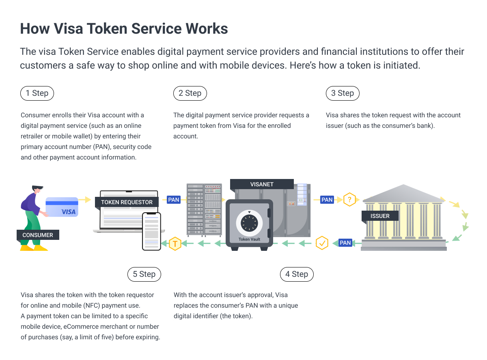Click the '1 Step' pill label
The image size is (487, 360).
click(37, 93)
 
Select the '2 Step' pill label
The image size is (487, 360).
click(190, 93)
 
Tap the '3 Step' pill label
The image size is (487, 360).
click(343, 93)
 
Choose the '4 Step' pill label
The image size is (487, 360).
click(297, 274)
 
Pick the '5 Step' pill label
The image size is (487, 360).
click(144, 274)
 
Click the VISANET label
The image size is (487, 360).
click(262, 184)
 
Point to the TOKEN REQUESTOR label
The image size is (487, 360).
click(127, 202)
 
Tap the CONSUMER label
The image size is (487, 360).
click(38, 235)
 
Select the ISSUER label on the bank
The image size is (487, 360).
click(380, 216)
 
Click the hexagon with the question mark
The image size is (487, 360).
click(349, 200)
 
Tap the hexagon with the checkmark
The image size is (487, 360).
click(322, 243)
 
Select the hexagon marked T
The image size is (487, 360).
click(175, 244)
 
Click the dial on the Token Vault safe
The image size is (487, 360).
click(249, 222)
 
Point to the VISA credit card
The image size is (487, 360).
click(62, 207)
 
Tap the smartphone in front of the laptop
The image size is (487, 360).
click(151, 231)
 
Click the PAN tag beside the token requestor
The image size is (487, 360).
click(174, 200)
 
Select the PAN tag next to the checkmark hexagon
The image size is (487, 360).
click(345, 243)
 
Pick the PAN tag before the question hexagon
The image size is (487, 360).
click(327, 200)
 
